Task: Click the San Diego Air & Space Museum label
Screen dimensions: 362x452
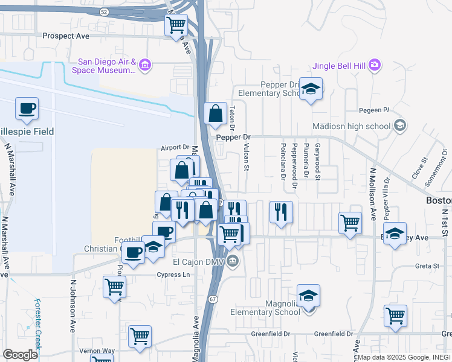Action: (x=106, y=66)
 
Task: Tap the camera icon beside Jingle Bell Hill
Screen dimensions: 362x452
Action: (x=374, y=65)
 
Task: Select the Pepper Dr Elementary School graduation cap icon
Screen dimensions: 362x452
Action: (x=311, y=90)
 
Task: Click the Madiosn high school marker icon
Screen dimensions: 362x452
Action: (x=399, y=125)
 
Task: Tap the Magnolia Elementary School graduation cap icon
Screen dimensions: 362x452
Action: (x=308, y=296)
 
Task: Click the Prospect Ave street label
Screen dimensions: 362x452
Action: (x=66, y=36)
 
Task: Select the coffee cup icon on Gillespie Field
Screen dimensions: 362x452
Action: (x=27, y=109)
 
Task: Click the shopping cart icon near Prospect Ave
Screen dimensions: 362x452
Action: (x=176, y=25)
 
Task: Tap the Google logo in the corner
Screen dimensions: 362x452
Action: (x=20, y=355)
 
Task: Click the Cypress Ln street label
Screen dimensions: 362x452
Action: (x=169, y=275)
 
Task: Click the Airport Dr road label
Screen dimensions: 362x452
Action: (x=175, y=147)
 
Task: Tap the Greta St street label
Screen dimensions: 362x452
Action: (x=427, y=265)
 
